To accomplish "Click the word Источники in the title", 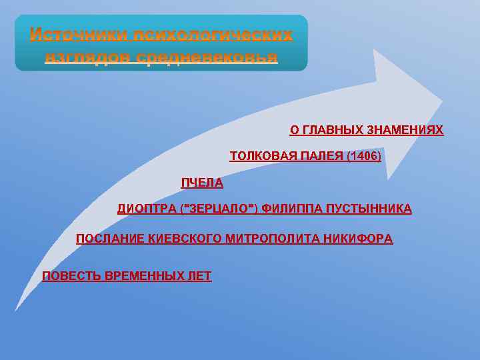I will [x=80, y=35].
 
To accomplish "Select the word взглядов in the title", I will [x=88, y=57].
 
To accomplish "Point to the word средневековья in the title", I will [x=207, y=57].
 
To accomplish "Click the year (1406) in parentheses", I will [x=364, y=156].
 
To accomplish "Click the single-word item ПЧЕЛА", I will [x=202, y=183].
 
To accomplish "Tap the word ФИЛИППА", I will [x=288, y=209].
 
